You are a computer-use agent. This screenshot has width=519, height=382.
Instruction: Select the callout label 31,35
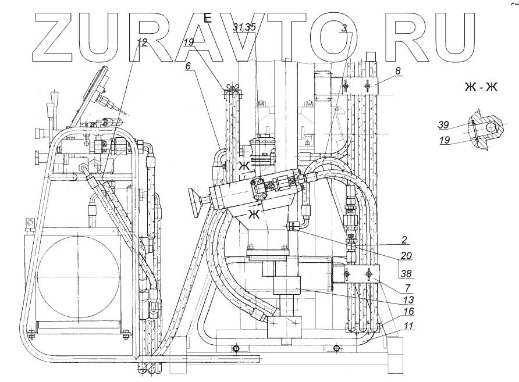click(244, 27)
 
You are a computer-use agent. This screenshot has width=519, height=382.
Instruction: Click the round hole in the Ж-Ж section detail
click(490, 126)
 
